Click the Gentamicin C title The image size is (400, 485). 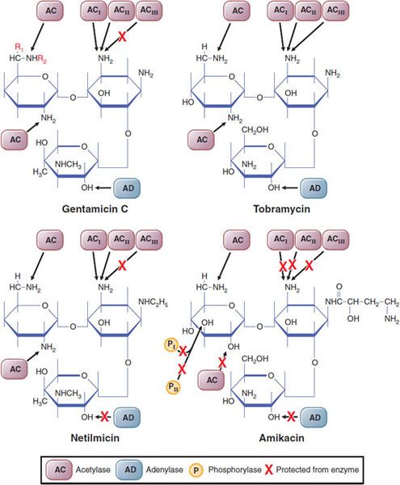click(x=95, y=209)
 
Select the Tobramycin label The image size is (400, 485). click(x=281, y=209)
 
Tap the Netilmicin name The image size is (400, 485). click(x=95, y=438)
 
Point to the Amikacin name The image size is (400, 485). click(x=281, y=438)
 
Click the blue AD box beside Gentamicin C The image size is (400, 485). click(x=127, y=188)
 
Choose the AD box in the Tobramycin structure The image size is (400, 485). click(x=314, y=188)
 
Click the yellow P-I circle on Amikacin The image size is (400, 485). click(x=171, y=345)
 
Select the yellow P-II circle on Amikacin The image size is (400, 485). click(x=173, y=387)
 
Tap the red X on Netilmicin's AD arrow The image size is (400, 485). click(x=105, y=417)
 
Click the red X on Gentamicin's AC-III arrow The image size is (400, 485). click(x=122, y=37)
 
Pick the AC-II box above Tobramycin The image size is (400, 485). click(x=308, y=11)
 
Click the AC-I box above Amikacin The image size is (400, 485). click(x=280, y=240)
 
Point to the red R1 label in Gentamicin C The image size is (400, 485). click(x=19, y=48)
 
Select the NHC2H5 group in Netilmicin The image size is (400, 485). click(x=153, y=302)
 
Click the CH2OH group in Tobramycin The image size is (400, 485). click(x=255, y=130)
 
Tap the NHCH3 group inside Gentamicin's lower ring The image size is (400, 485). click(x=68, y=165)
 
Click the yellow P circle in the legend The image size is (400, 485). click(x=196, y=470)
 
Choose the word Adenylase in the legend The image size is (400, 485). click(x=165, y=470)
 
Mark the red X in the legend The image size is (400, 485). click(x=268, y=470)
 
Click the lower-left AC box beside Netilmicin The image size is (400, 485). click(x=15, y=369)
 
